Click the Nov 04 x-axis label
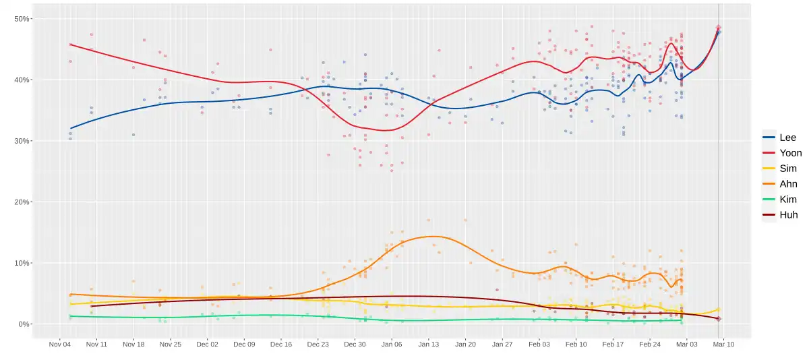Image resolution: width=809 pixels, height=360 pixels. pyautogui.click(x=60, y=344)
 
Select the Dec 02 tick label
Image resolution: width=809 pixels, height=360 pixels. pyautogui.click(x=208, y=344)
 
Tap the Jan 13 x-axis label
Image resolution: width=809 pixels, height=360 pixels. pyautogui.click(x=429, y=344)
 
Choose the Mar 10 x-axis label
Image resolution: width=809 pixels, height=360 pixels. pyautogui.click(x=723, y=344)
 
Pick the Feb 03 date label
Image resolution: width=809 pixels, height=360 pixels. pyautogui.click(x=539, y=344)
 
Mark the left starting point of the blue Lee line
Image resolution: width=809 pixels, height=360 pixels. pyautogui.click(x=70, y=128)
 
